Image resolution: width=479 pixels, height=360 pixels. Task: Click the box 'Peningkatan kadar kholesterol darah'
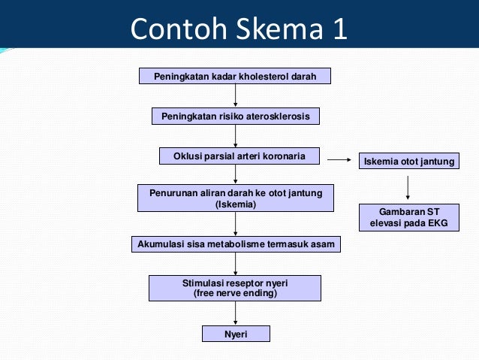pyautogui.click(x=235, y=77)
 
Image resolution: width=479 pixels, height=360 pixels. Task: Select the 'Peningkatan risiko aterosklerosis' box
pyautogui.click(x=235, y=116)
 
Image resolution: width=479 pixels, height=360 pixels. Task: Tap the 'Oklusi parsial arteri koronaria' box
pyautogui.click(x=239, y=156)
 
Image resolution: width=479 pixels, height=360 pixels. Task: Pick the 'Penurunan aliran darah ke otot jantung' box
pyautogui.click(x=235, y=198)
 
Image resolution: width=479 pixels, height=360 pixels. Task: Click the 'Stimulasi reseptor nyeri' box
pyautogui.click(x=235, y=288)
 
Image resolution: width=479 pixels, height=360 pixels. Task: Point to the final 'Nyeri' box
pyautogui.click(x=236, y=333)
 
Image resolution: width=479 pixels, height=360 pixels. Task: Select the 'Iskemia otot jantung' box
pyautogui.click(x=409, y=162)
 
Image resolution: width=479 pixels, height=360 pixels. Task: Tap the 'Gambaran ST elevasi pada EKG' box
pyautogui.click(x=409, y=217)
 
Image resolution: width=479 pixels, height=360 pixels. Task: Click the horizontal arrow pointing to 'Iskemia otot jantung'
pyautogui.click(x=339, y=159)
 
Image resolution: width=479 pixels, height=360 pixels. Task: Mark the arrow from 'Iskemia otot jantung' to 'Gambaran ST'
pyautogui.click(x=408, y=187)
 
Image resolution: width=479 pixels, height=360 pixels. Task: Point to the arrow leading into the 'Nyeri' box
pyautogui.click(x=236, y=313)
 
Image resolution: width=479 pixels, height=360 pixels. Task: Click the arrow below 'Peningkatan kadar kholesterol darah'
pyautogui.click(x=236, y=95)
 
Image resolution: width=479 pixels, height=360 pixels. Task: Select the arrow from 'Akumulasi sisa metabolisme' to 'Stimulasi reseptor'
pyautogui.click(x=236, y=264)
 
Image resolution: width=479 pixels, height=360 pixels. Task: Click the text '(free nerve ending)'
pyautogui.click(x=235, y=293)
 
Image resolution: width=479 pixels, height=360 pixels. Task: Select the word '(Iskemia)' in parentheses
pyautogui.click(x=235, y=204)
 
